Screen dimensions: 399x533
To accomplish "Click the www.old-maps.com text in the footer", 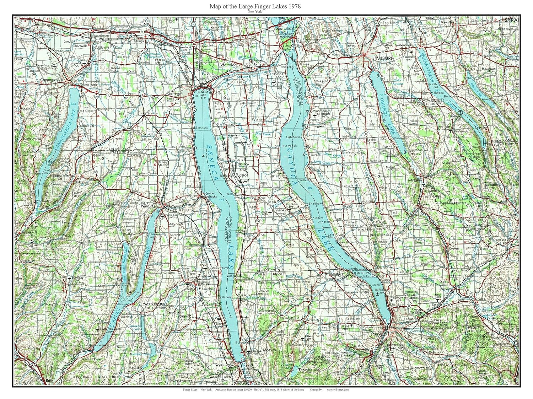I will point(336,389).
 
